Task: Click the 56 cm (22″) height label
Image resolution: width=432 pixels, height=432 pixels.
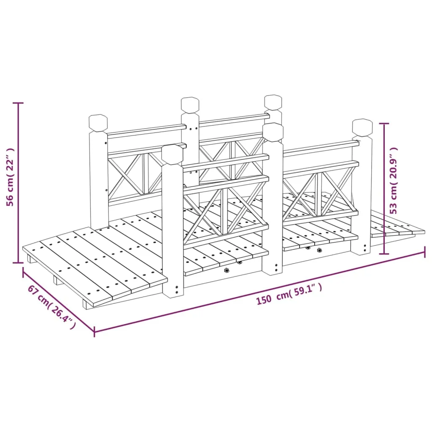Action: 10,177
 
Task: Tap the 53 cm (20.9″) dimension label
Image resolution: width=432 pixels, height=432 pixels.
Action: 394,181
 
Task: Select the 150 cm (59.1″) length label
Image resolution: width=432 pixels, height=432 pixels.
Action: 289,294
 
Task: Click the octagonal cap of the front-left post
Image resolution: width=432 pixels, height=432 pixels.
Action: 172,154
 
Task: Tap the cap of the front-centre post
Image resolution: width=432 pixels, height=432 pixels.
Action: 273,132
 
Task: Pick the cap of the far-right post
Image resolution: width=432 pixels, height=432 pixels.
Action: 362,128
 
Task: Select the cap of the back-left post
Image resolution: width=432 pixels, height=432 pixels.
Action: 98,123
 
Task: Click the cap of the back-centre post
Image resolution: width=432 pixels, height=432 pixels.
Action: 190,105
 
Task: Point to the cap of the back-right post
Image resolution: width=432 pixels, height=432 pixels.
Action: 273,103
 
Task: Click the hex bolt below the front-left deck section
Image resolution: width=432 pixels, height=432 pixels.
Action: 227,270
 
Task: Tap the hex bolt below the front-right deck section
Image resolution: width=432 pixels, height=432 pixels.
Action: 319,251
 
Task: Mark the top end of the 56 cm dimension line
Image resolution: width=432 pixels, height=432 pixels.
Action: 19,103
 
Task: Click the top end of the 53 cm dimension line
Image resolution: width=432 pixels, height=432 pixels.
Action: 384,124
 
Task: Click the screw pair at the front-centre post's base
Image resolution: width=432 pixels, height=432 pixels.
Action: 277,267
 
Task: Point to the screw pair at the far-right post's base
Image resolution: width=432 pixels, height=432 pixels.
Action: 365,248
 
